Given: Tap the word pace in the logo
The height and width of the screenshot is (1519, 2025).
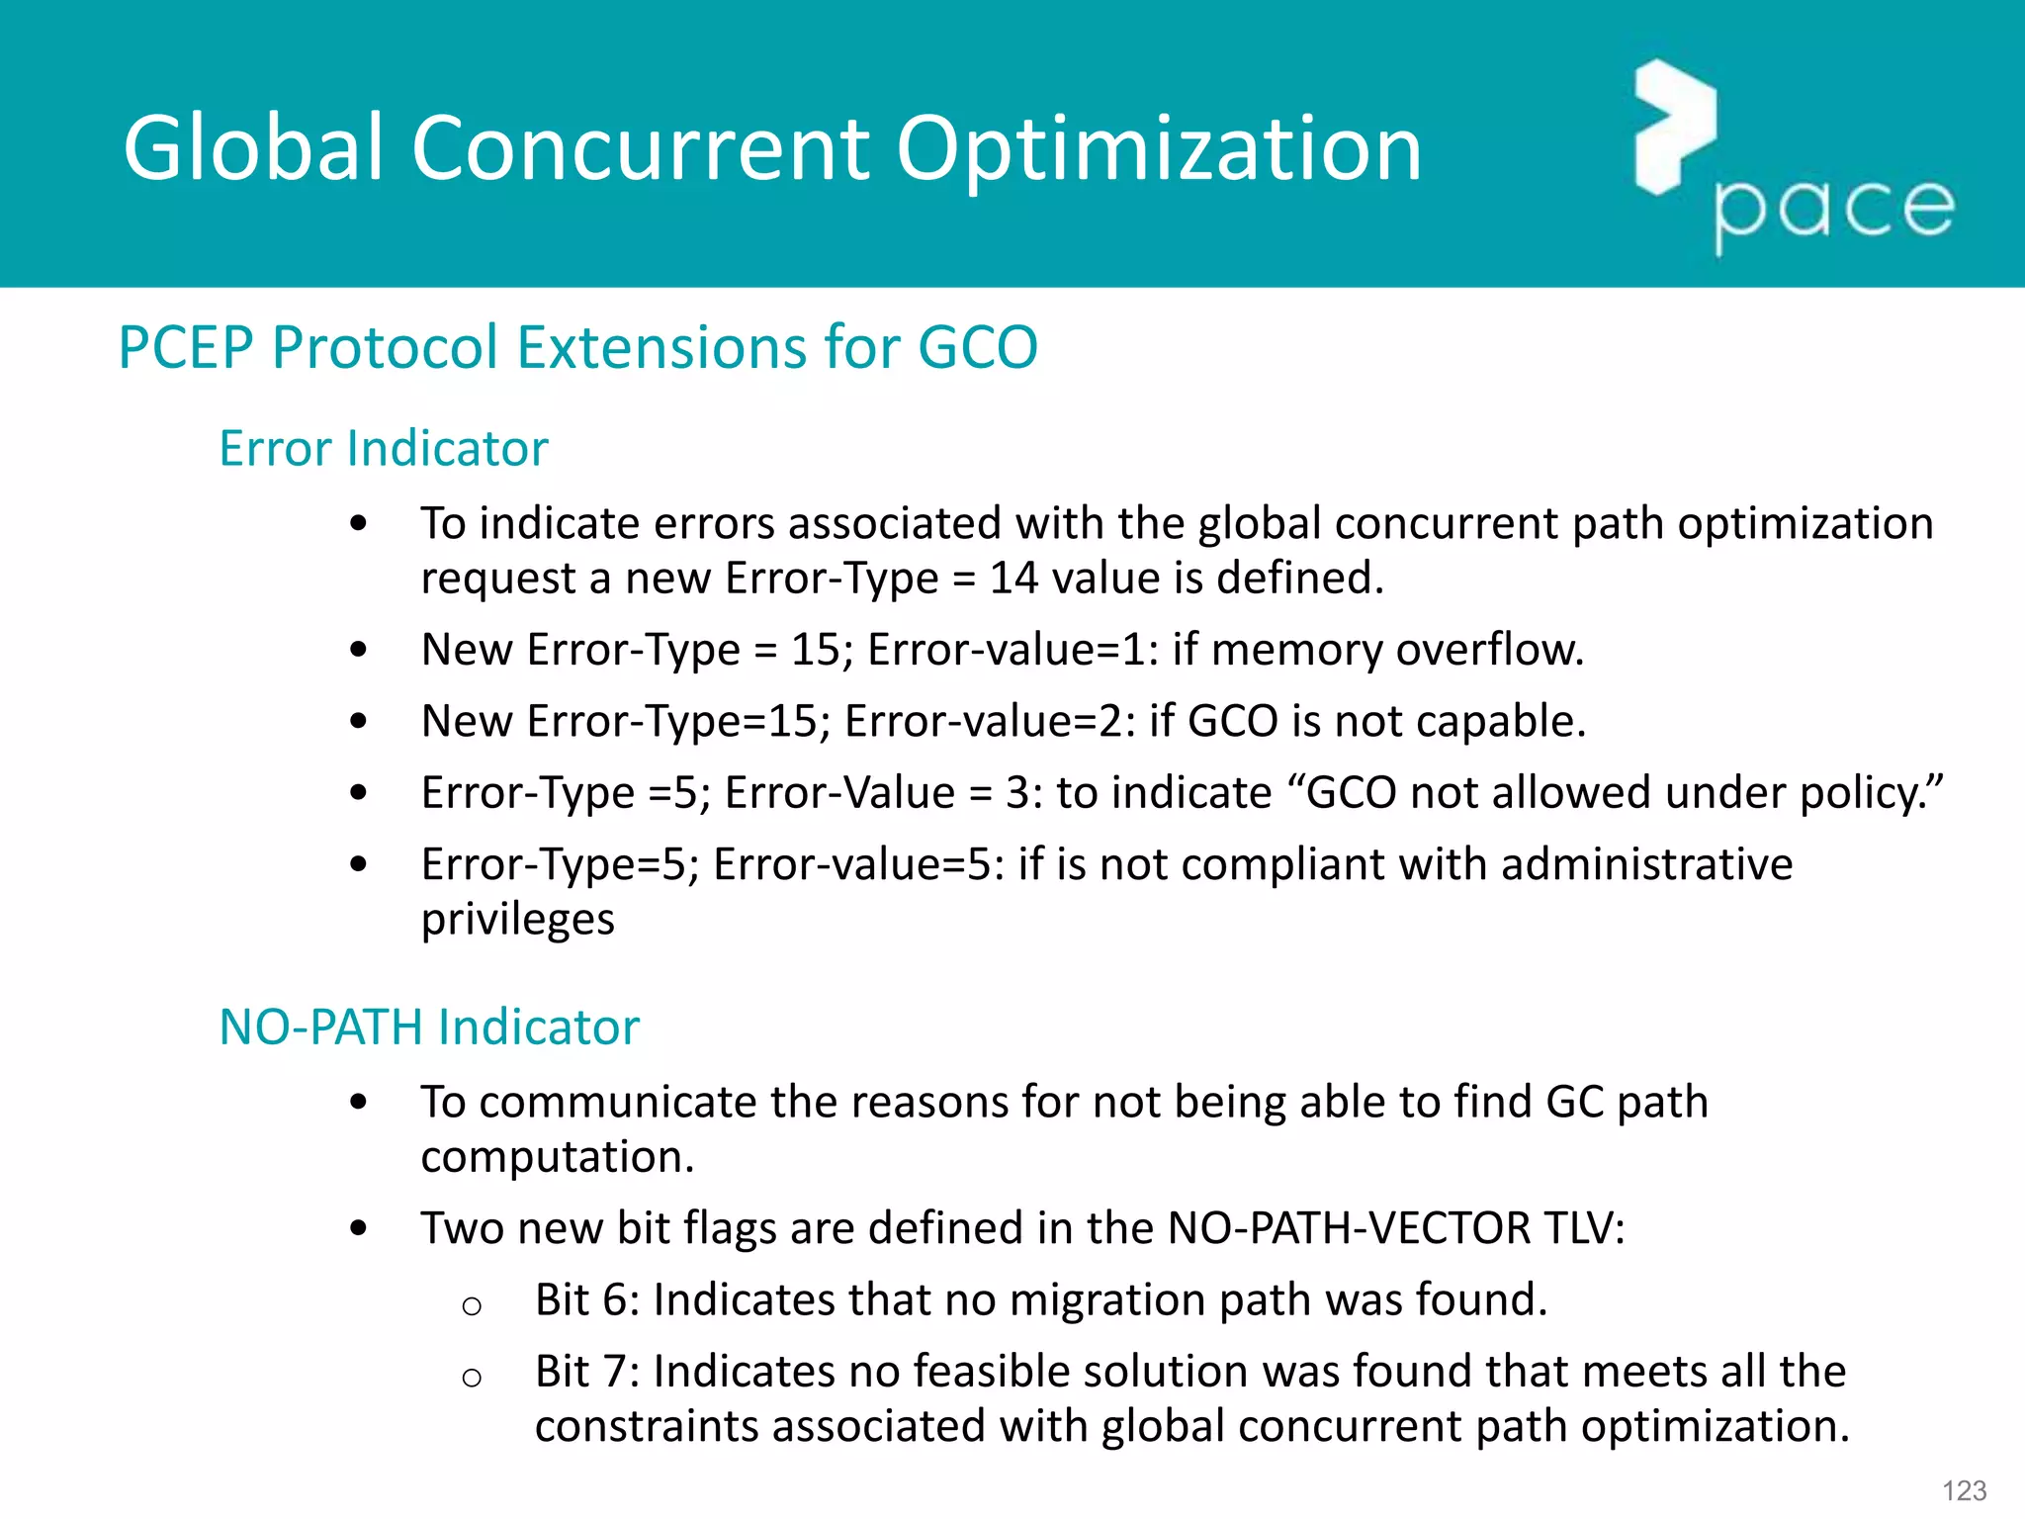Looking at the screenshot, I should pos(1834,210).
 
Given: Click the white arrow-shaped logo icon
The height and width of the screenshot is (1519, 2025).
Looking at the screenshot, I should pos(1674,127).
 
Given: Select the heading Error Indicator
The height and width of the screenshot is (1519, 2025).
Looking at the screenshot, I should pos(383,448).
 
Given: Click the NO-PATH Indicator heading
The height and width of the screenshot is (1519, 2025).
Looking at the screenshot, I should pos(429,1027).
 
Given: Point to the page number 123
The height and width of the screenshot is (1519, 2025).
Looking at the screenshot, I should pos(1964,1490).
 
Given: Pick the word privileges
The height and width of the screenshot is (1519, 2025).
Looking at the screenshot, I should pos(517,920).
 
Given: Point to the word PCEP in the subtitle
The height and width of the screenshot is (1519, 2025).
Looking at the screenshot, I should pos(185,347).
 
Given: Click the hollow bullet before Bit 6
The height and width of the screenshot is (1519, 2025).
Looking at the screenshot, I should pos(472,1306).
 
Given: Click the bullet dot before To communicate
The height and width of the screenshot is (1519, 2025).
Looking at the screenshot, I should pos(359,1102).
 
